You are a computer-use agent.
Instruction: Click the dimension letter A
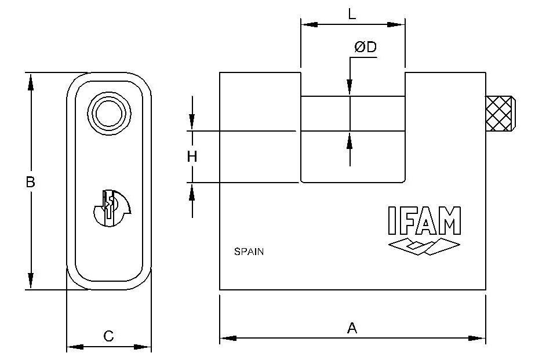(x=352, y=328)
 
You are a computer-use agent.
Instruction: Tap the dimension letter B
(x=30, y=182)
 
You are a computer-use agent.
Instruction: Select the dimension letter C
(x=108, y=336)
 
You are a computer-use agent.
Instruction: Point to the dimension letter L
(x=352, y=14)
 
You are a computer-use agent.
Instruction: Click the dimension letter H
(x=192, y=157)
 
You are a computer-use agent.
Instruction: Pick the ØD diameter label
(x=365, y=47)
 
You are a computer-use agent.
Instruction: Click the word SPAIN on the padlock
(x=249, y=252)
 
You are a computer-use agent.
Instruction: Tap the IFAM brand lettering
(x=424, y=221)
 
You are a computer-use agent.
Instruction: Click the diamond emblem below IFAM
(x=424, y=247)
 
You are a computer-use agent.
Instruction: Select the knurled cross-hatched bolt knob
(x=501, y=114)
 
